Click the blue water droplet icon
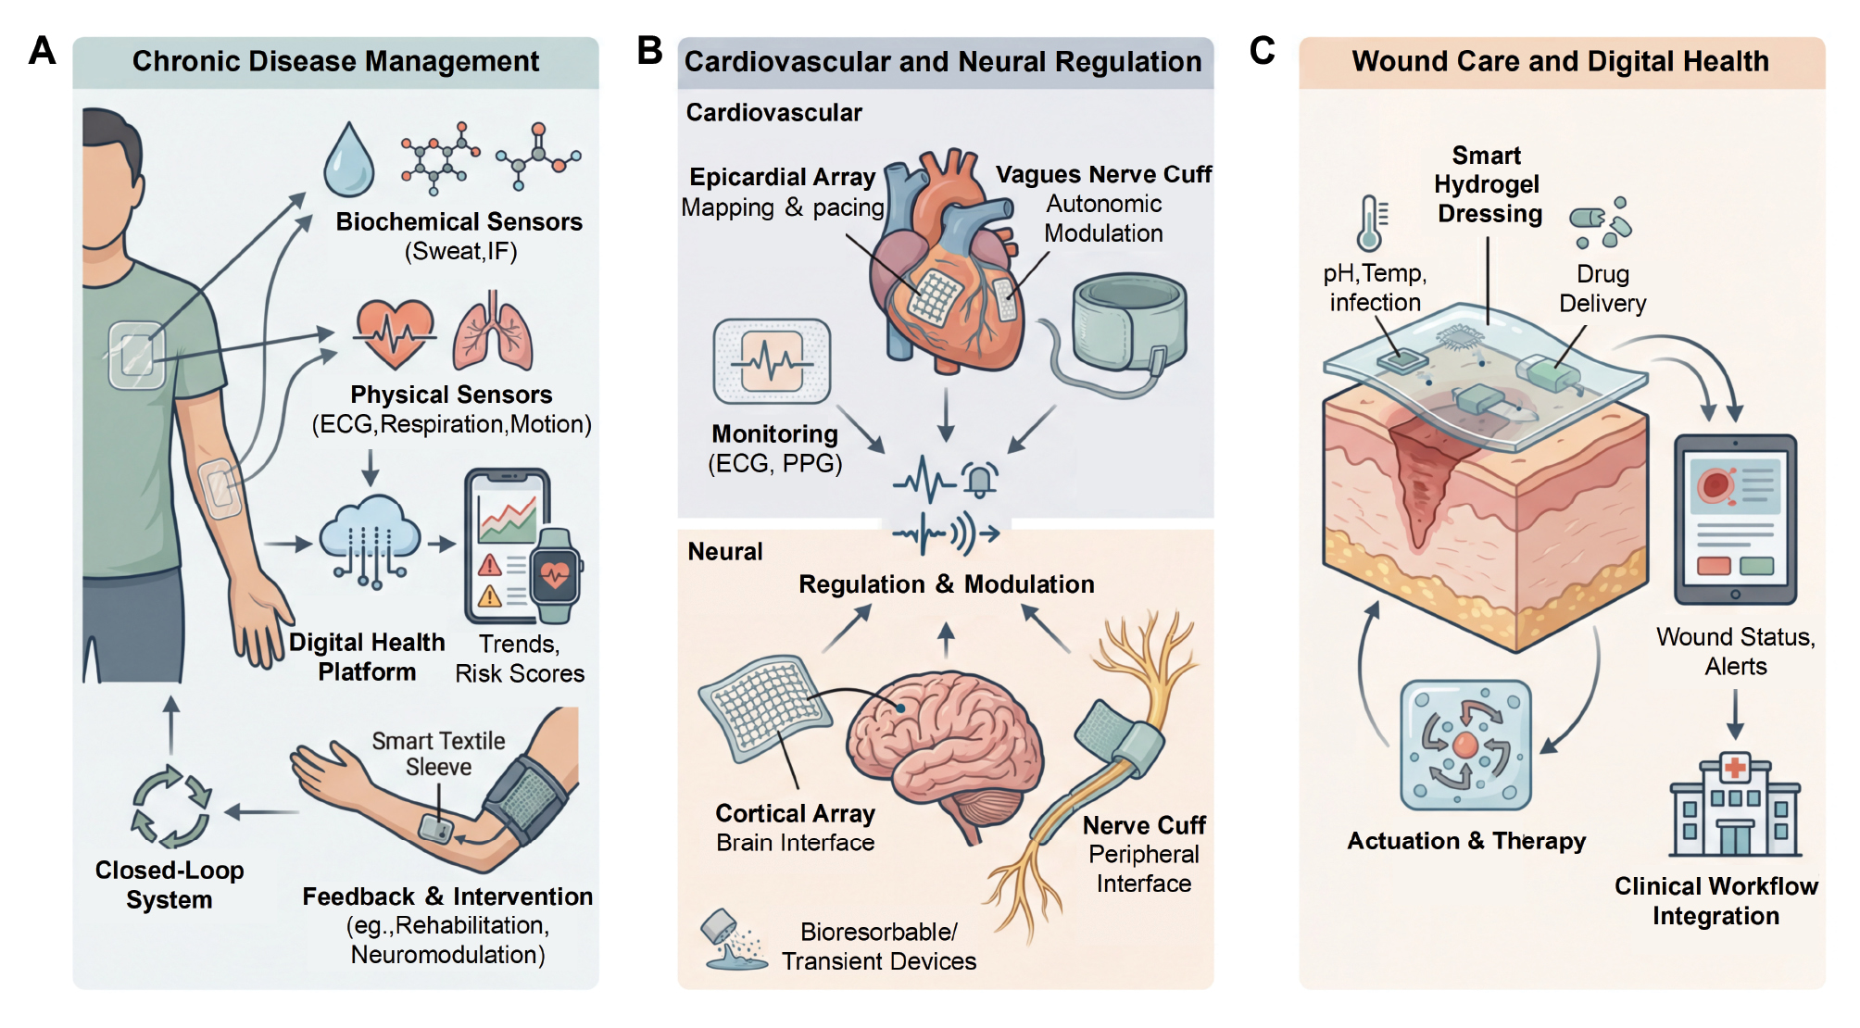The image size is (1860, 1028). (x=348, y=161)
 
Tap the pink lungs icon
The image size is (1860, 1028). (x=493, y=332)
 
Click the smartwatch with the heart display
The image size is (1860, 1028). (x=555, y=575)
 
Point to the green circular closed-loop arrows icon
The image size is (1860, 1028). (x=171, y=806)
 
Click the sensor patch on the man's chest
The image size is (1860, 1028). (x=136, y=354)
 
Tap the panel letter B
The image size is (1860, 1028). (x=649, y=51)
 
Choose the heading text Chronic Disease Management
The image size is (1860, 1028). (x=335, y=61)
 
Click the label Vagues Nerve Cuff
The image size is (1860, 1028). (x=1103, y=174)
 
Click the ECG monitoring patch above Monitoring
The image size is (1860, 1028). (x=772, y=361)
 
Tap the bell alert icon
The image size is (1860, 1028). (x=979, y=479)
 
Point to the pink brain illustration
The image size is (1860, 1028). (x=945, y=750)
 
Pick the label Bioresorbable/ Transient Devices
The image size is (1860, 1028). (x=878, y=947)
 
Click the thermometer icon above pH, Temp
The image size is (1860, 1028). (x=1370, y=223)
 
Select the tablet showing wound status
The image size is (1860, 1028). (x=1735, y=519)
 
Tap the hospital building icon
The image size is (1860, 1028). (x=1735, y=805)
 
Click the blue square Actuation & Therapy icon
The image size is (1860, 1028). (x=1465, y=745)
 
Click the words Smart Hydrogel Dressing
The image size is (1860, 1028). (x=1488, y=184)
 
